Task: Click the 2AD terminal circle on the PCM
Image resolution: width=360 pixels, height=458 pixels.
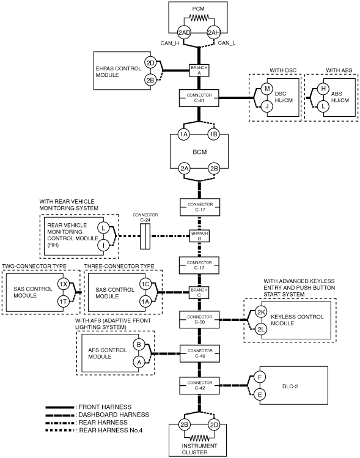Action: click(x=184, y=32)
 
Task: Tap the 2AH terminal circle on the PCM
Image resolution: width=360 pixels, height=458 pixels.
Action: click(x=213, y=32)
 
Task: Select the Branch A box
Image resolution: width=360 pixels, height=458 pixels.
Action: click(x=199, y=70)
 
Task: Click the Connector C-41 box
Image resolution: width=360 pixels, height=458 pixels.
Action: click(x=199, y=98)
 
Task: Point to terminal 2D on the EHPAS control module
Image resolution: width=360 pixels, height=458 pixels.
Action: click(x=150, y=63)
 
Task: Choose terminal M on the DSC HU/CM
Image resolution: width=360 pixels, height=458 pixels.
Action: click(x=267, y=89)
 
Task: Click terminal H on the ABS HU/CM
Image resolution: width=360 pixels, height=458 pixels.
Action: click(x=323, y=89)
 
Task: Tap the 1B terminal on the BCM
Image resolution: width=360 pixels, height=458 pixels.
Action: click(x=214, y=135)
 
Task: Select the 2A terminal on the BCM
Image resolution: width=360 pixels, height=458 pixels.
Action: click(x=184, y=169)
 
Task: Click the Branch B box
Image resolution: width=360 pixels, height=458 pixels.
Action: click(x=199, y=235)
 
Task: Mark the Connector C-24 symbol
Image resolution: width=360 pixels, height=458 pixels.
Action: click(x=145, y=236)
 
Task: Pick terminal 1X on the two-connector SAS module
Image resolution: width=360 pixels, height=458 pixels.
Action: click(x=64, y=284)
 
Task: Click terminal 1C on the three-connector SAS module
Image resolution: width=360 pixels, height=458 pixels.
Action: click(x=145, y=284)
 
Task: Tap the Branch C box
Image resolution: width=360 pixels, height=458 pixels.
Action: click(x=199, y=292)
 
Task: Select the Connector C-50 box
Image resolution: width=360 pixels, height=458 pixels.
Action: click(x=200, y=320)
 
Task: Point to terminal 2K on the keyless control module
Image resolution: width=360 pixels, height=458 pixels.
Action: click(x=261, y=312)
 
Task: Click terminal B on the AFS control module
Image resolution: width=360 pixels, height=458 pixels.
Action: click(x=139, y=345)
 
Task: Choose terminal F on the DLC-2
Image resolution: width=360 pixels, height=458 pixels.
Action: click(x=259, y=377)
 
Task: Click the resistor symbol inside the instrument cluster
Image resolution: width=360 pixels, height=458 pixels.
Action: click(x=199, y=438)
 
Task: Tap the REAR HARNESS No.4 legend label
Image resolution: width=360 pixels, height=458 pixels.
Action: click(x=111, y=430)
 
